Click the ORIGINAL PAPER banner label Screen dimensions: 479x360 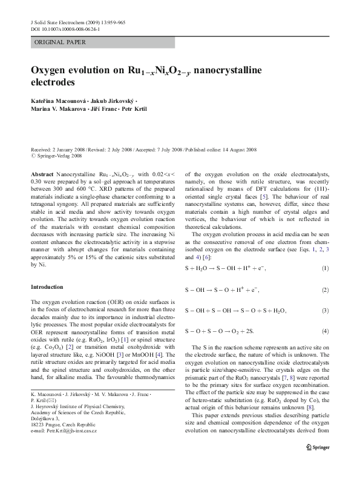click(60, 42)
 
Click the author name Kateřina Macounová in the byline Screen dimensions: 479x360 click(57, 99)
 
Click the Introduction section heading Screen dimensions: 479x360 click(49, 286)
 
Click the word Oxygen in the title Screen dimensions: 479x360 click(51, 70)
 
